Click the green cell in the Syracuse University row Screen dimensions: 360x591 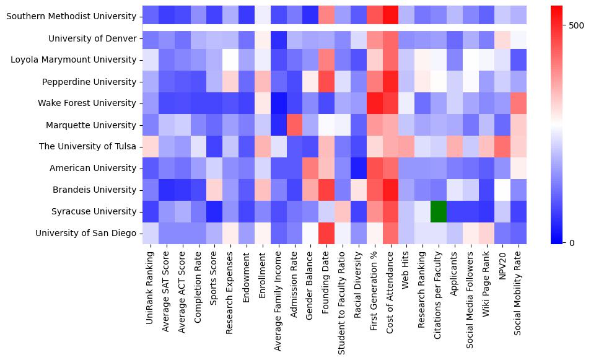coord(439,211)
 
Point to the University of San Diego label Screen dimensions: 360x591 coord(86,233)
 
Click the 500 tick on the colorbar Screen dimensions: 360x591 coord(576,25)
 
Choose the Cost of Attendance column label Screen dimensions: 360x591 coord(390,292)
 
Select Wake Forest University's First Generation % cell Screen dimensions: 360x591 coord(374,103)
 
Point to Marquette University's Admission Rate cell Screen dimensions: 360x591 coord(294,125)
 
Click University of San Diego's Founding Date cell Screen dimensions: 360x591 coord(326,233)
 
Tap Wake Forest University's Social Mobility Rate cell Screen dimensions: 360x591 coord(519,103)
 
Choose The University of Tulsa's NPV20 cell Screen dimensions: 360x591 coord(502,146)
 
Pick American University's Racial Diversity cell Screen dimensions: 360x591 coord(358,168)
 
